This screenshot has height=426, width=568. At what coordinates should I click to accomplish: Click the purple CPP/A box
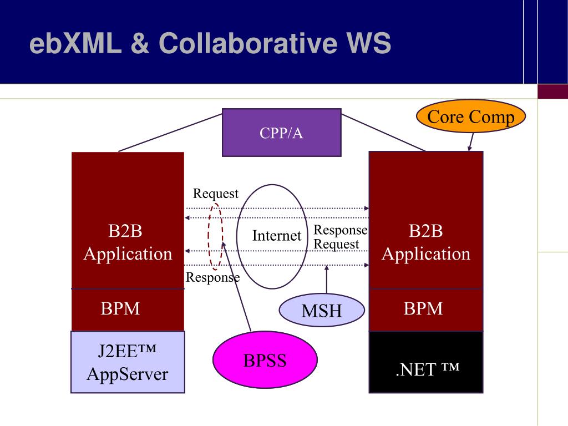(x=281, y=133)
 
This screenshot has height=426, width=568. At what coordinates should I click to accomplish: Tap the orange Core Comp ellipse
(x=470, y=116)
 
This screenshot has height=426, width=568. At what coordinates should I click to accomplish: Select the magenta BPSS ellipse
(x=265, y=359)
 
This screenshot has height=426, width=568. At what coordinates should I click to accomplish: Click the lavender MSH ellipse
(x=322, y=310)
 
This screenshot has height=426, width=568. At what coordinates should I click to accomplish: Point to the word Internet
(x=277, y=235)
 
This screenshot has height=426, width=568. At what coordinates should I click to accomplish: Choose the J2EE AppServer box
(x=128, y=362)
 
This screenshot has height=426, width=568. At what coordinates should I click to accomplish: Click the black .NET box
(x=426, y=362)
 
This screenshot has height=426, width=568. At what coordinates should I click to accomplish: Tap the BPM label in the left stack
(x=120, y=308)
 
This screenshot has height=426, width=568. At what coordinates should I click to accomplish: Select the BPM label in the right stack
(x=423, y=308)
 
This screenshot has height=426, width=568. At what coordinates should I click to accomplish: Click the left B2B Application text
(x=128, y=242)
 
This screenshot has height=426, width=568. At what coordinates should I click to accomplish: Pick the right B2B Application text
(x=426, y=242)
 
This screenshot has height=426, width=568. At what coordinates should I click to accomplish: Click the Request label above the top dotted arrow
(x=216, y=194)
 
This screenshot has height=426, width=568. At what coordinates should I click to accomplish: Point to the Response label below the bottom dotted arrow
(x=212, y=277)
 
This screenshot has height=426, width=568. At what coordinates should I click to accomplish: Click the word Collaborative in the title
(x=248, y=43)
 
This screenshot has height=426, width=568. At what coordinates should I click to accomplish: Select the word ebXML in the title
(x=75, y=43)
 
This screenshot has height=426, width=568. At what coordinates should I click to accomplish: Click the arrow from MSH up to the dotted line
(x=326, y=280)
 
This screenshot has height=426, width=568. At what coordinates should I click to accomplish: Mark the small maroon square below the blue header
(x=553, y=92)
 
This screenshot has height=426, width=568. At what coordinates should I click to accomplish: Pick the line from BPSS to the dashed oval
(x=236, y=287)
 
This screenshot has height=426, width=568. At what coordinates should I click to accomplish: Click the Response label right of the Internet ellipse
(x=341, y=230)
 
